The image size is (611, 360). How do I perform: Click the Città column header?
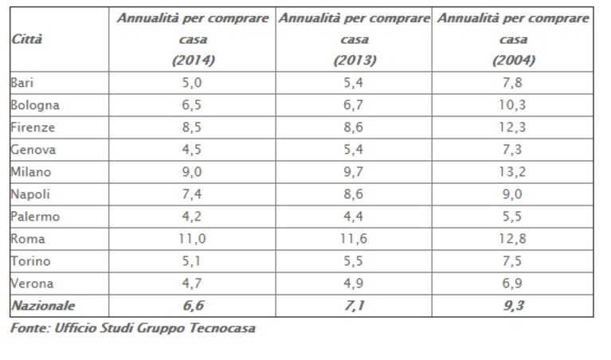[26, 39]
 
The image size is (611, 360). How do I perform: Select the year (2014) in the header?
[194, 60]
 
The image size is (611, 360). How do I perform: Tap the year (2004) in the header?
[514, 60]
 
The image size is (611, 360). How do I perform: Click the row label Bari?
[22, 83]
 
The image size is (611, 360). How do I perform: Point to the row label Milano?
[31, 172]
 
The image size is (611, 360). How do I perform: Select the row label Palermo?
[35, 216]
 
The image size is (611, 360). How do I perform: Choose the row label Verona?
[32, 284]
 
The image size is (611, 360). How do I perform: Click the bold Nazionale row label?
[43, 306]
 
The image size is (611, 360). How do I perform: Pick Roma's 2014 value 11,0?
[192, 238]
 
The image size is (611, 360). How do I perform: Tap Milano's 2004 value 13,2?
[512, 172]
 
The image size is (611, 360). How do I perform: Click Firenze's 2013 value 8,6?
[354, 127]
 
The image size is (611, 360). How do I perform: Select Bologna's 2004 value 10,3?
[512, 105]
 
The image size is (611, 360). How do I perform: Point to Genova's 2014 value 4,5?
[192, 150]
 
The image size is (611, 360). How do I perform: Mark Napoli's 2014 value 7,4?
[192, 194]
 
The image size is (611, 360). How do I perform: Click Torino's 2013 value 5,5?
[354, 261]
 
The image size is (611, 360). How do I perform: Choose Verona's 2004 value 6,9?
[512, 284]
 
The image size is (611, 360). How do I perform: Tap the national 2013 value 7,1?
[354, 306]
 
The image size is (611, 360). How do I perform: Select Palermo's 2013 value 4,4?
[354, 216]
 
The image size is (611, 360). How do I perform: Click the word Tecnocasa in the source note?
[222, 327]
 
